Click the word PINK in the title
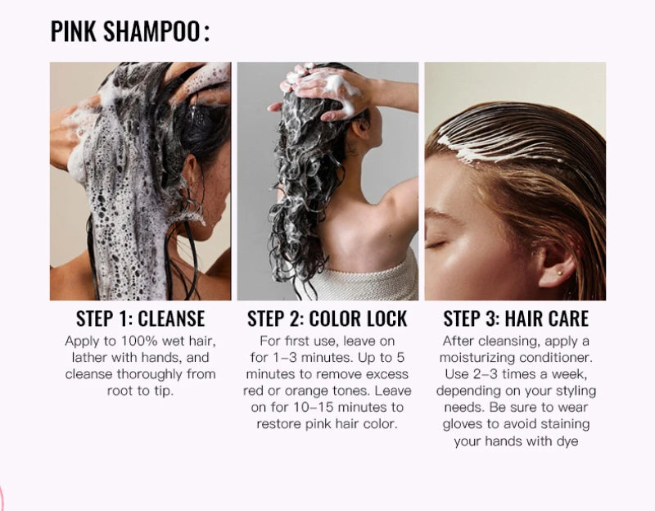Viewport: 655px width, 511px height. pos(75,32)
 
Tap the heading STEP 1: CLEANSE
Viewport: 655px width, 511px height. pos(140,319)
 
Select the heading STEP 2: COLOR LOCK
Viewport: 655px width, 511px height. pos(327,319)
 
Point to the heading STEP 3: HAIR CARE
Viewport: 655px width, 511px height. pos(516,319)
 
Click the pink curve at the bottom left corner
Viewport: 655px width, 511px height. pos(2,495)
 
